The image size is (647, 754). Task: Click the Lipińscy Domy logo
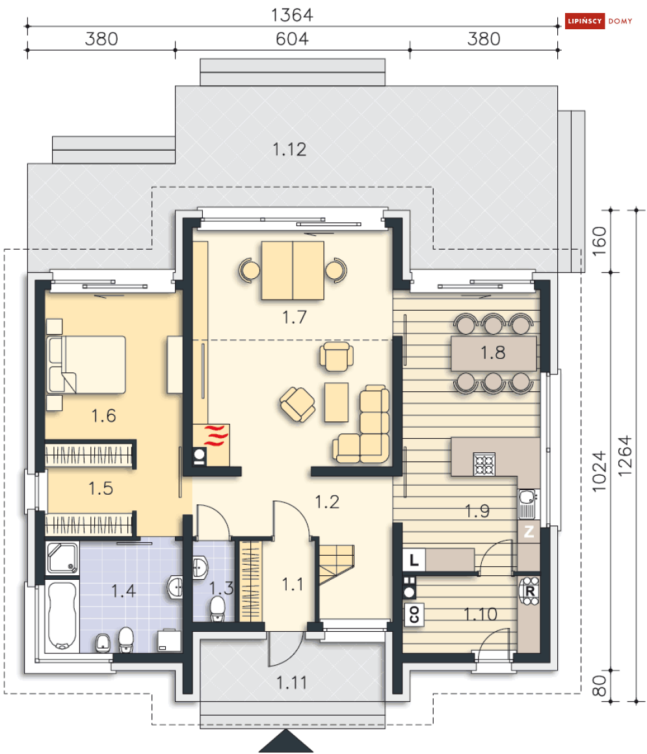[x=599, y=21]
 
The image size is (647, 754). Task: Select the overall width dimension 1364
[x=293, y=14]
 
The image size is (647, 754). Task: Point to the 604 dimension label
[x=292, y=38]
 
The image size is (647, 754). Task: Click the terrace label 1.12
[x=289, y=149]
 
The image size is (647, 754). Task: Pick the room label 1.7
[x=294, y=317]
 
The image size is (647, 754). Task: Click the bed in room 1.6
[x=86, y=364]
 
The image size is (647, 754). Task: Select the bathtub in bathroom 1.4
[x=61, y=616]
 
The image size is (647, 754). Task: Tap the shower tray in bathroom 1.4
[x=62, y=558]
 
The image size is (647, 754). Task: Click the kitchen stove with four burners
[x=484, y=463]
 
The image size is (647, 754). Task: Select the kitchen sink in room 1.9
[x=527, y=499]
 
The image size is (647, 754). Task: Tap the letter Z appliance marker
[x=529, y=532]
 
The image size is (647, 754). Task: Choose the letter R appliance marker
[x=530, y=591]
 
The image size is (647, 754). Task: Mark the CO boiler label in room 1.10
[x=414, y=614]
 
